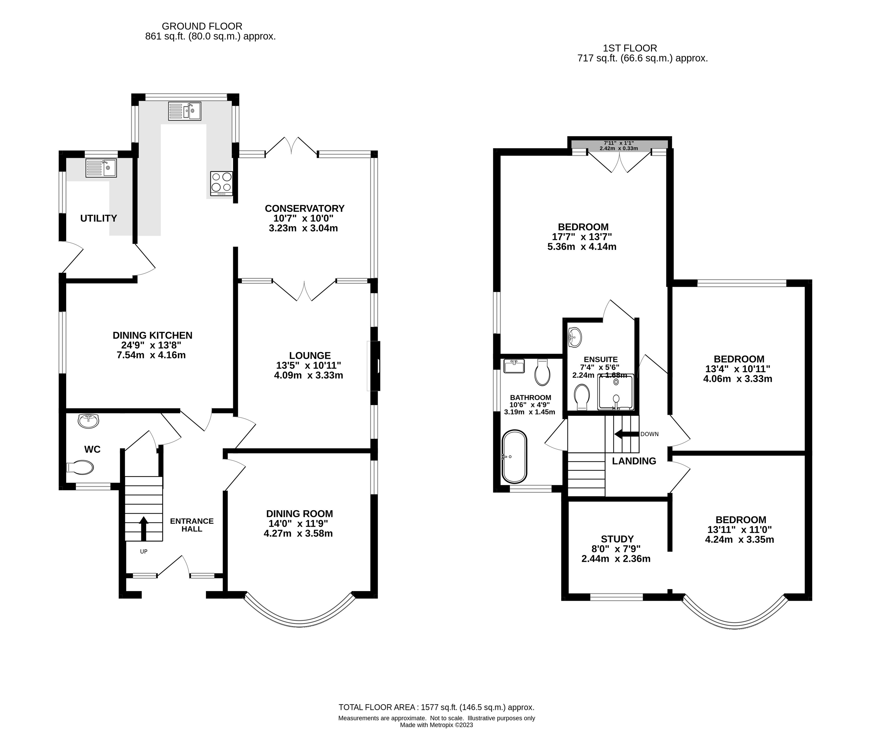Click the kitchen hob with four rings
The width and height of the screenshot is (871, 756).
(221, 183)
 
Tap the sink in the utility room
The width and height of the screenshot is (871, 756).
(101, 168)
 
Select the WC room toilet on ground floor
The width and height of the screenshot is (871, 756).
(80, 467)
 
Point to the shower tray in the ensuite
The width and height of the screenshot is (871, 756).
(616, 392)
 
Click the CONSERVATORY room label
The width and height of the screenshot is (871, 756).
(304, 208)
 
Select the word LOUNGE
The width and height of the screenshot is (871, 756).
(310, 356)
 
